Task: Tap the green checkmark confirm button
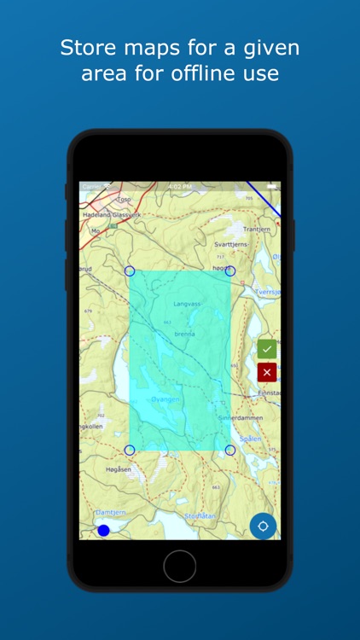(x=267, y=348)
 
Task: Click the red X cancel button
(x=267, y=372)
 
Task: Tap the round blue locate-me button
(x=263, y=526)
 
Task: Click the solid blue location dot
(x=103, y=531)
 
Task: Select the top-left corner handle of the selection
(x=130, y=271)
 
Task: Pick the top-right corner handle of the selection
(x=229, y=271)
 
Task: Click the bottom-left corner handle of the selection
(x=130, y=450)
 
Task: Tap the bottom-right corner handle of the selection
(x=229, y=450)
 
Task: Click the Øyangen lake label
(x=162, y=398)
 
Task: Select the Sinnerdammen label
(x=241, y=418)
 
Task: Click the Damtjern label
(x=109, y=513)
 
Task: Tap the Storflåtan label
(x=202, y=515)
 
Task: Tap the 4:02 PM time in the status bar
(x=179, y=186)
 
